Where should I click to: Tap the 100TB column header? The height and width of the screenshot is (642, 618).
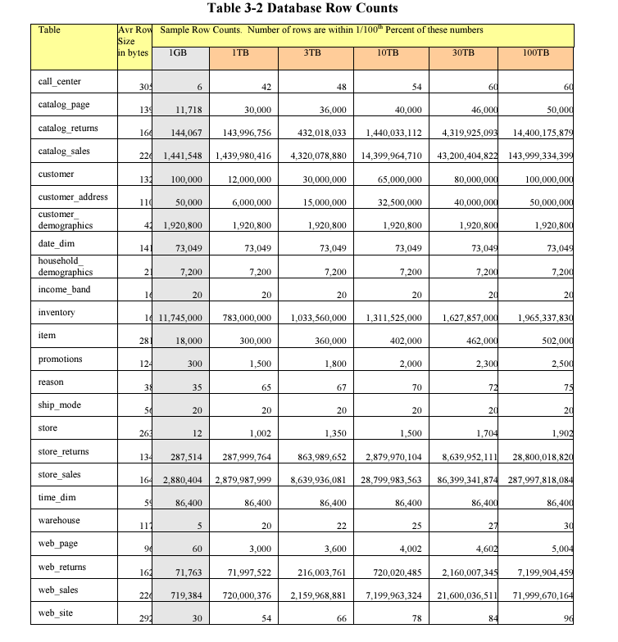point(535,52)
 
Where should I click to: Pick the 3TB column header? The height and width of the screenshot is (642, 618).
point(312,52)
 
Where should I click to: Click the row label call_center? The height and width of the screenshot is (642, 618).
point(59,81)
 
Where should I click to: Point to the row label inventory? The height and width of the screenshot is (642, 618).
point(57,312)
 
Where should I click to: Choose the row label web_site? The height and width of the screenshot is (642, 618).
point(55,613)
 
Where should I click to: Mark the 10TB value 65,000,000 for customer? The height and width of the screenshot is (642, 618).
point(394,179)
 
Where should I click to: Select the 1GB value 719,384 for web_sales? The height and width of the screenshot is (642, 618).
point(184,595)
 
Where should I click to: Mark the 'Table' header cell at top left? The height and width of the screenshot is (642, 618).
point(49,29)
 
